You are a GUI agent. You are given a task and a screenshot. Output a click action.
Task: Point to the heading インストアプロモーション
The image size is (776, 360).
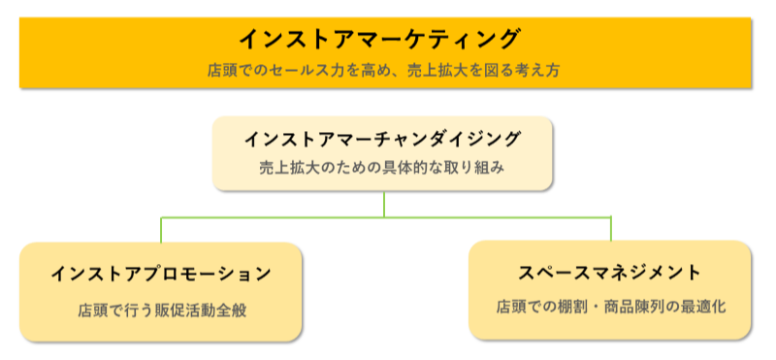(x=161, y=275)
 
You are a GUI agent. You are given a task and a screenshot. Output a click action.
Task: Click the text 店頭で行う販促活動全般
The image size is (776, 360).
(x=160, y=311)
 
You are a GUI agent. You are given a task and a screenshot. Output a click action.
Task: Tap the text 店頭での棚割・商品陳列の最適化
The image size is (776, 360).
(x=610, y=307)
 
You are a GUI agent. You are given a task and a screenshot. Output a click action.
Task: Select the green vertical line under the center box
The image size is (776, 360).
(x=384, y=203)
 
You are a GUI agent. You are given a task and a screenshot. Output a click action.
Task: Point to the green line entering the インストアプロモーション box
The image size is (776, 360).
(x=161, y=229)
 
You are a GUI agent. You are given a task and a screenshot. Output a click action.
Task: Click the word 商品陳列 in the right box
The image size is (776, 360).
(x=619, y=307)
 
